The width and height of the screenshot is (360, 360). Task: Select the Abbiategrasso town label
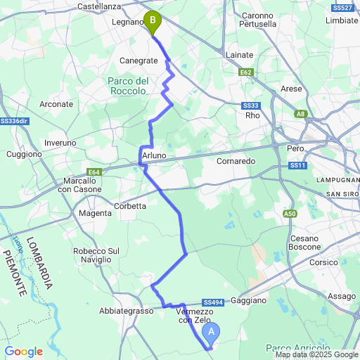[x=127, y=311]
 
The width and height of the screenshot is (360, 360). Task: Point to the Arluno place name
[x=153, y=155]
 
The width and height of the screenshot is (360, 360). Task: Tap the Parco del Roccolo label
[x=127, y=86]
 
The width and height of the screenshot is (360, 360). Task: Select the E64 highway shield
[x=95, y=171]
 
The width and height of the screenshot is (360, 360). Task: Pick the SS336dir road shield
[x=14, y=121]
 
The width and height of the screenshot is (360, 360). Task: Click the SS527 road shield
[x=342, y=7]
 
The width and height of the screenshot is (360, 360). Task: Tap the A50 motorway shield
[x=290, y=213]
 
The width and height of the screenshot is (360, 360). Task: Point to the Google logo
[x=24, y=352]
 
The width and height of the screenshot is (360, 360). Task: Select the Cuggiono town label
[x=24, y=154]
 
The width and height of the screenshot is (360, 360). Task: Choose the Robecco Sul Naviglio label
[x=96, y=255]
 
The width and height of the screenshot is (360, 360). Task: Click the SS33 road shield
[x=251, y=105]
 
